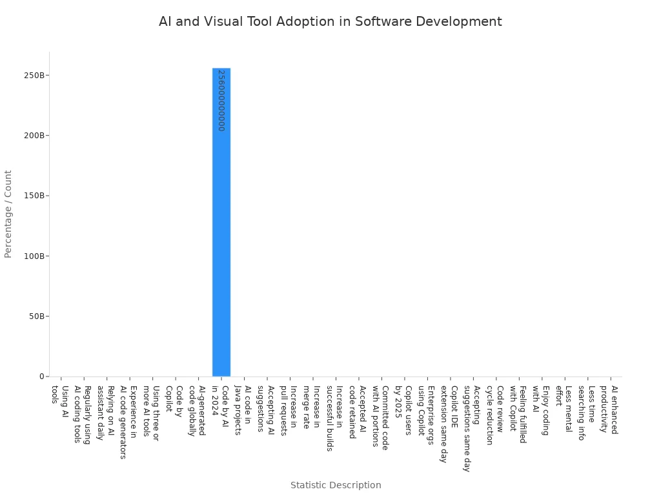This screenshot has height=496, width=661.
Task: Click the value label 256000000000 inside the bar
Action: click(221, 100)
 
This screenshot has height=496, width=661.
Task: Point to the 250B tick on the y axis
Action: click(36, 75)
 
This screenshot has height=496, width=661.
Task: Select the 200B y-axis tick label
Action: click(36, 136)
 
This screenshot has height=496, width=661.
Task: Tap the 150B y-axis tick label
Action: click(36, 196)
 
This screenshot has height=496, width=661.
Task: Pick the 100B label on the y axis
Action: click(36, 256)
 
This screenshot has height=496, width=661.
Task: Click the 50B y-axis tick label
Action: click(37, 316)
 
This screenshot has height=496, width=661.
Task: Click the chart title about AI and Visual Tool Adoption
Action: click(330, 21)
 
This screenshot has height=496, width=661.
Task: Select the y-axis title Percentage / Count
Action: click(8, 214)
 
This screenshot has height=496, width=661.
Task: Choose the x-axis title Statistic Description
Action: click(336, 485)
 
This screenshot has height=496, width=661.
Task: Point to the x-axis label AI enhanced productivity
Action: click(609, 409)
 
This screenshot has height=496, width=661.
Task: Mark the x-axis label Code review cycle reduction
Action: click(495, 415)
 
